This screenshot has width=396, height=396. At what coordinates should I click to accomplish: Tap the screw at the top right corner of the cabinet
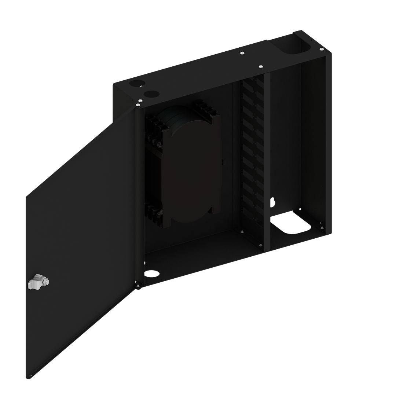(x=321, y=49)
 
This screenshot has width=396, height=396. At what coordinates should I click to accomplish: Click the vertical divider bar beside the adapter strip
(x=267, y=161)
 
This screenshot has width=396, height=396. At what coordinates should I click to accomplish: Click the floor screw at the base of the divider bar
(x=260, y=245)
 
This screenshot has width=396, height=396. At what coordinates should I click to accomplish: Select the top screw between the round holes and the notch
(x=242, y=54)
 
